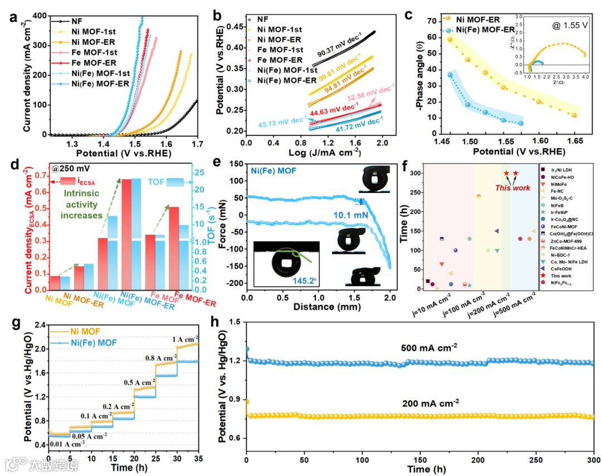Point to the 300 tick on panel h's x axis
pyautogui.click(x=593, y=460)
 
